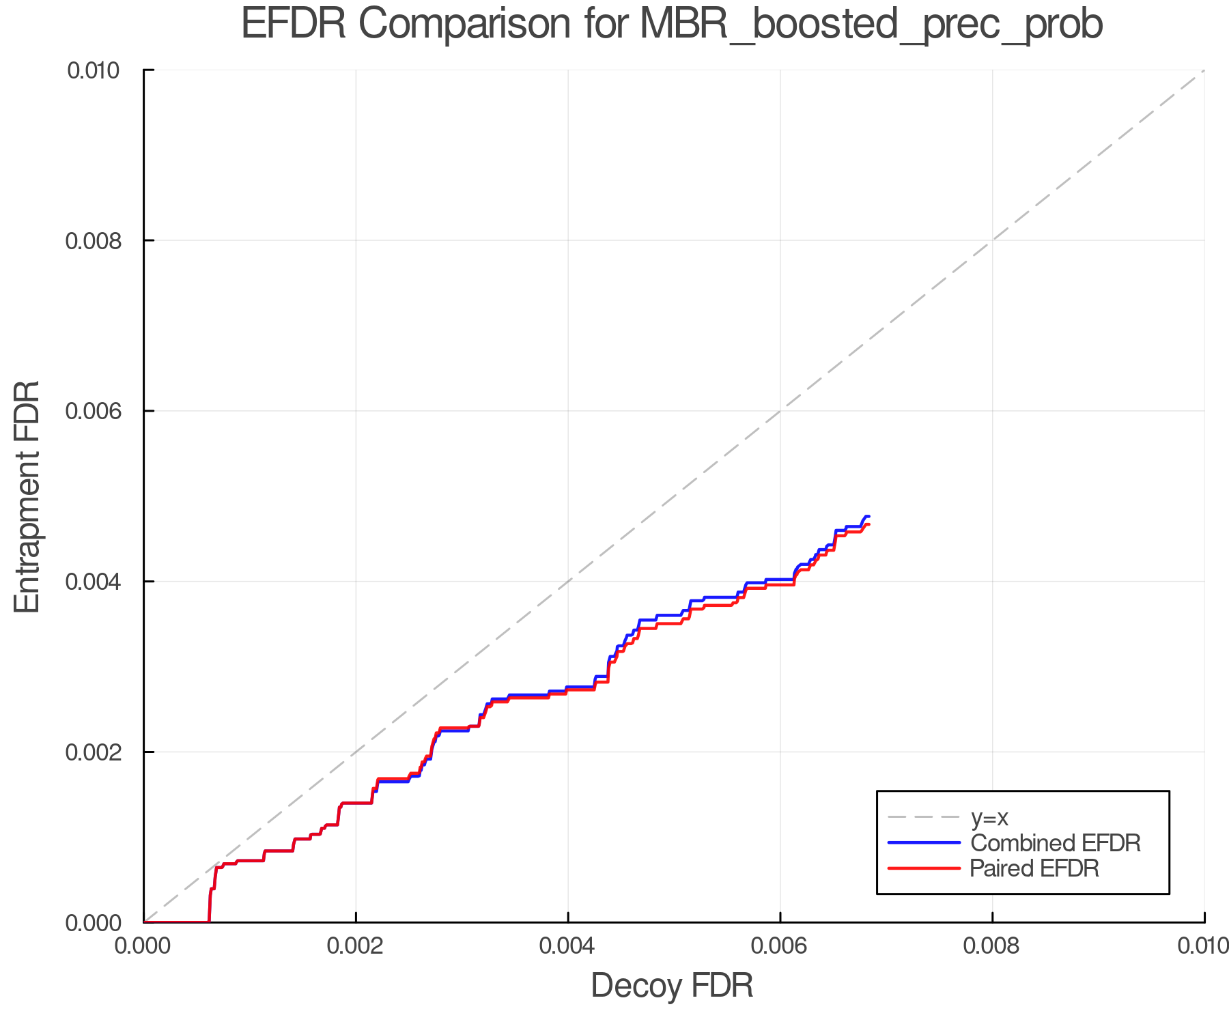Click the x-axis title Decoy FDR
(x=672, y=986)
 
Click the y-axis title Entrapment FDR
(x=27, y=496)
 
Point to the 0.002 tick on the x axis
(x=356, y=946)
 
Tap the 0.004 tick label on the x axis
(x=568, y=946)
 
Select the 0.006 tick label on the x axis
(x=780, y=946)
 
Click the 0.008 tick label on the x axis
(x=992, y=946)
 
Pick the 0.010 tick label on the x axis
(x=1203, y=946)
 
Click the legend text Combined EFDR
(x=1056, y=843)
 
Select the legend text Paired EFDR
(x=1034, y=868)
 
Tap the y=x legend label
(x=990, y=817)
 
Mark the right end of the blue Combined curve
(x=868, y=516)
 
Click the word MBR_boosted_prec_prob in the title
(x=871, y=25)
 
